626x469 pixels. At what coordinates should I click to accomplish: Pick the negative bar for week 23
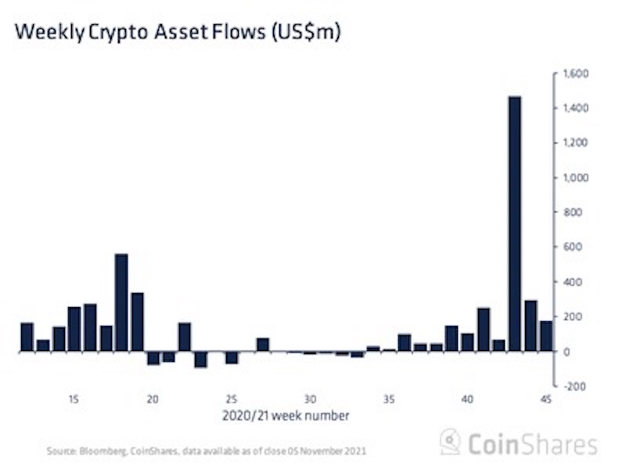[x=200, y=359]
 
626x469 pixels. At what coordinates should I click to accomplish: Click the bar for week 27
[x=263, y=345]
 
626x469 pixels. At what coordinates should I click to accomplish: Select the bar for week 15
[x=74, y=328]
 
